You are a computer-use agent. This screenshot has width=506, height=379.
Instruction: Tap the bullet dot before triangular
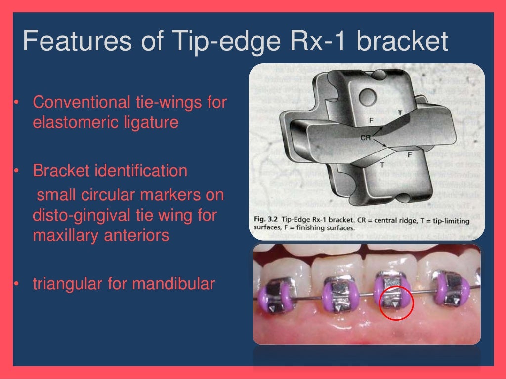click(x=16, y=284)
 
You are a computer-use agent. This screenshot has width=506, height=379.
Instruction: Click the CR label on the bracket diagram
click(x=366, y=138)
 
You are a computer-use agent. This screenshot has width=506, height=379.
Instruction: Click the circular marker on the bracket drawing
click(x=367, y=94)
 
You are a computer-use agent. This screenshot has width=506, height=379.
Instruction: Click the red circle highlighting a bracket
click(x=396, y=303)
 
